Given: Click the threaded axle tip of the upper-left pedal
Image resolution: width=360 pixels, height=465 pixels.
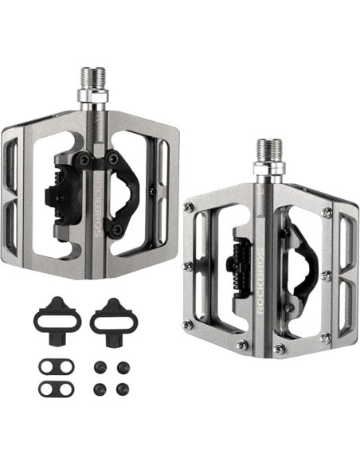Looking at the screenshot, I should [x=89, y=77].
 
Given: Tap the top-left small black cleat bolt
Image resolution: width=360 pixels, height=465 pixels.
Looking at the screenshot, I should [x=100, y=368].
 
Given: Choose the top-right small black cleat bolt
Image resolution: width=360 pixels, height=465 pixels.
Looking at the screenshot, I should [x=123, y=368].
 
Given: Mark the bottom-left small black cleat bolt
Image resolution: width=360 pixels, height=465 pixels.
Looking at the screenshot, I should [x=100, y=390].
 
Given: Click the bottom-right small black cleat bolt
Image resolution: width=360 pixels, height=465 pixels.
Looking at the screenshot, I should [x=123, y=390].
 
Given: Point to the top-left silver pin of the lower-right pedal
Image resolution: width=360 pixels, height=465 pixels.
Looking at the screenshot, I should [x=188, y=207].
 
